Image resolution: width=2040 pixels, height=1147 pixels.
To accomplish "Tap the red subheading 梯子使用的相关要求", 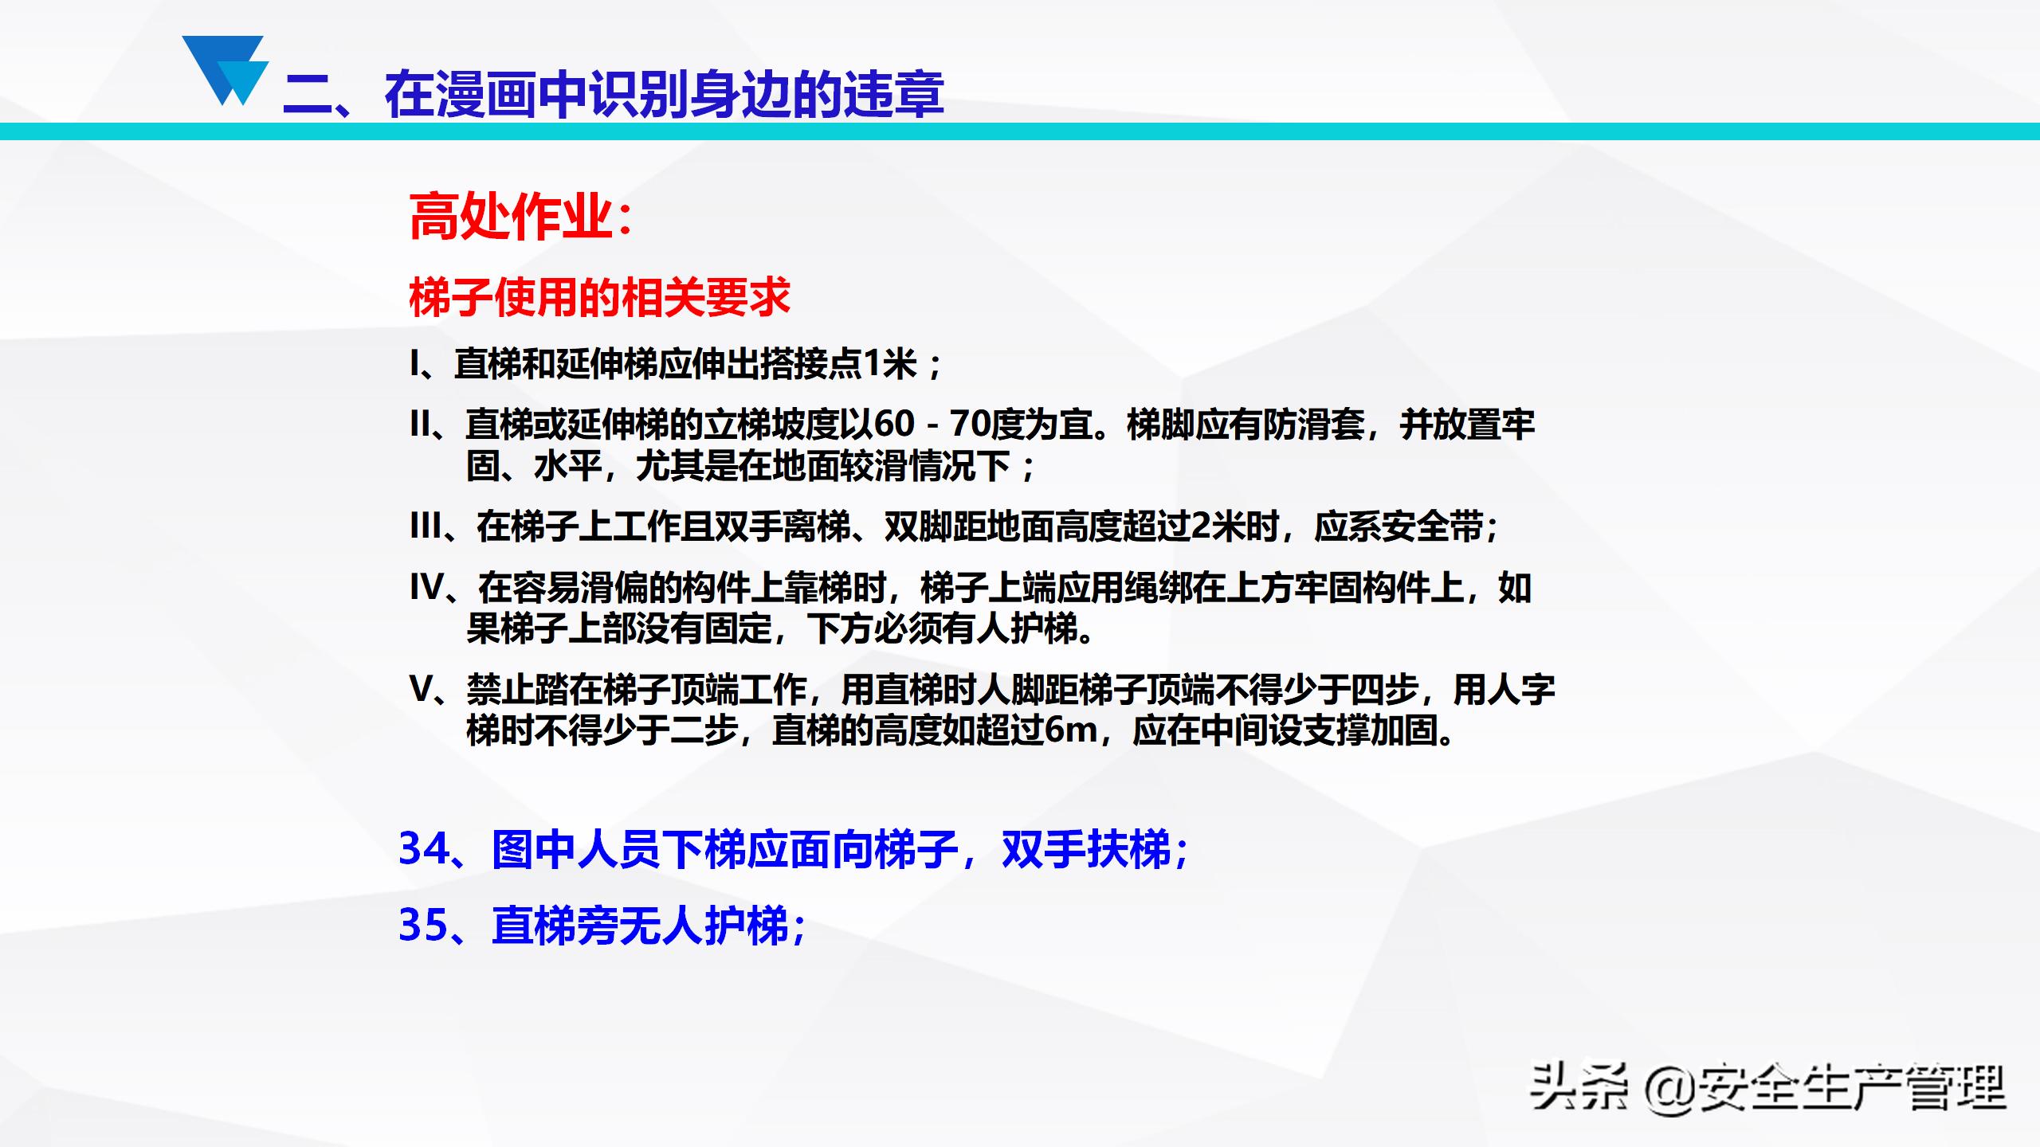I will [599, 298].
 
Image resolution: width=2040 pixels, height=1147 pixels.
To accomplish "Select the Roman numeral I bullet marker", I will [414, 365].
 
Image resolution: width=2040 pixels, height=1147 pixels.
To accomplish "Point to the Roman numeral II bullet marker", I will [421, 425].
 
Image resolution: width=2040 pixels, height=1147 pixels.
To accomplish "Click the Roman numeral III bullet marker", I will [426, 527].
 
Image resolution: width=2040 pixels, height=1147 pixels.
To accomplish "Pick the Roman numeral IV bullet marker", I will [427, 588].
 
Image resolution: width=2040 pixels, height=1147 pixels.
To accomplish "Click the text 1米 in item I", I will [890, 365].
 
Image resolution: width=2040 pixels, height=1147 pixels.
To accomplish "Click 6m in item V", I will [1070, 730].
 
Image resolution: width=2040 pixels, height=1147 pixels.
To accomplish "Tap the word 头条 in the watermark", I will [1576, 1087].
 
